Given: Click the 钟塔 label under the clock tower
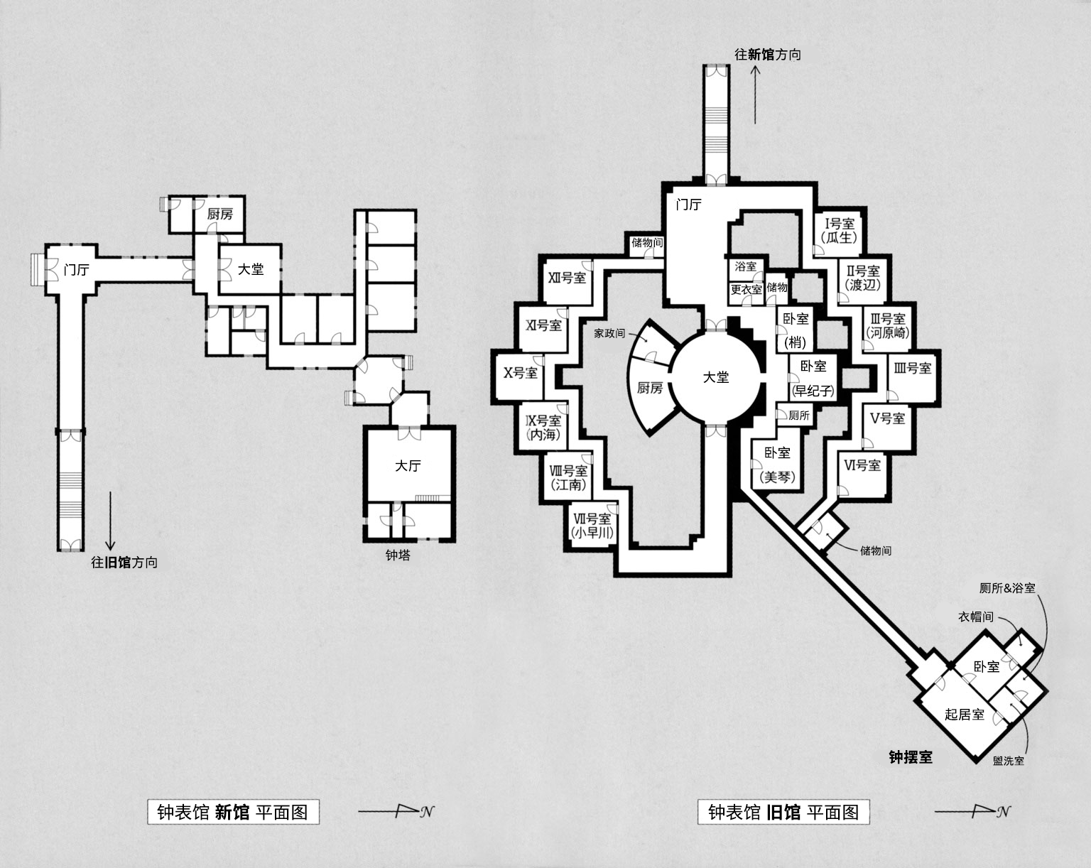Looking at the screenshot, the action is coord(398,555).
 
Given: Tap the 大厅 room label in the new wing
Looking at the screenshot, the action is coord(408,465).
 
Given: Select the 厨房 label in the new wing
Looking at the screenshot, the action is coord(219,214).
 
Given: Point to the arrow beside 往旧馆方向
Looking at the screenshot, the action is coord(110,521).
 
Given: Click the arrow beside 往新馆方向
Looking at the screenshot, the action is coord(755,94).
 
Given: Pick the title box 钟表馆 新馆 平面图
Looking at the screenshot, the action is coord(233,812).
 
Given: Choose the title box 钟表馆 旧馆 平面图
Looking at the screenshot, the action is coord(783,812).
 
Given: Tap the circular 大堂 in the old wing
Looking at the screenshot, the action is coord(716,376).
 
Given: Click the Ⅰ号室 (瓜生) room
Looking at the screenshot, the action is coord(840,231).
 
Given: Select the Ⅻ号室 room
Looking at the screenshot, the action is coord(567,281).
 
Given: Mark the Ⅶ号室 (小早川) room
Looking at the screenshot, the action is coord(592,526).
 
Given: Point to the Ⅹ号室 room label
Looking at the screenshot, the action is coord(520,373).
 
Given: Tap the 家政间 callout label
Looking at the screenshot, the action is coord(609,333).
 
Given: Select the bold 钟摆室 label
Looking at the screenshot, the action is coord(911,757).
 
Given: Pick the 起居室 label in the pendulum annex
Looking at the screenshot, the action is coord(965,715).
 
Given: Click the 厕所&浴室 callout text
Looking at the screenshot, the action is coord(1007,588).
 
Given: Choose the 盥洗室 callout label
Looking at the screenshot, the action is coord(1008,761).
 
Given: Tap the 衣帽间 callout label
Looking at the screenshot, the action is coord(975,617).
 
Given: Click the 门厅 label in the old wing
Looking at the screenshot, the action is coord(688,205).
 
